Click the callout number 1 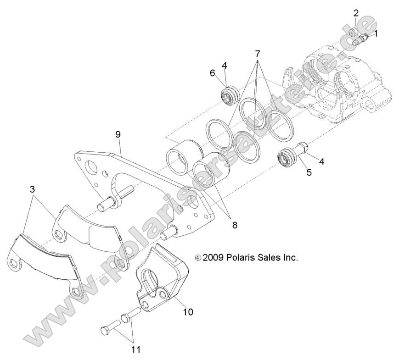click(376, 33)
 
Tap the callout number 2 click(356, 13)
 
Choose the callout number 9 click(118, 135)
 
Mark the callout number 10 click(188, 312)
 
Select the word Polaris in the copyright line click(241, 258)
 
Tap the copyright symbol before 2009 click(198, 258)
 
